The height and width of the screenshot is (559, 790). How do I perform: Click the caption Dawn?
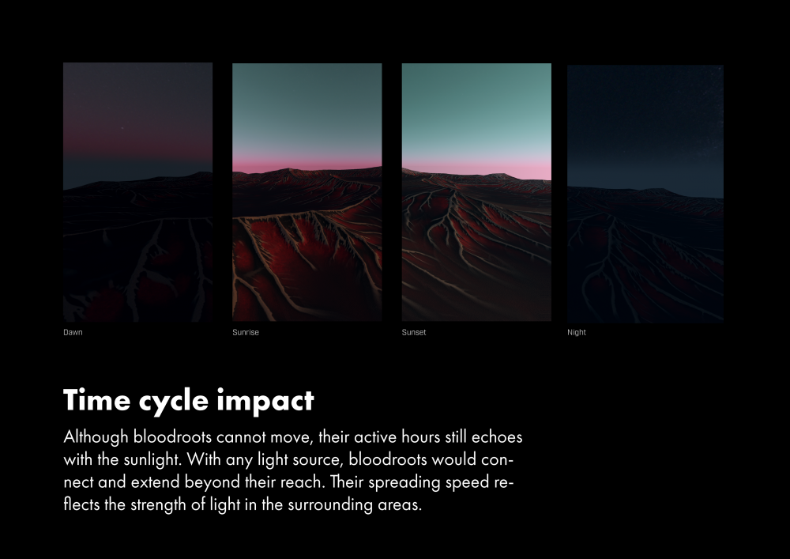point(73,332)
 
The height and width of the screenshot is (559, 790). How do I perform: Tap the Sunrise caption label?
point(246,332)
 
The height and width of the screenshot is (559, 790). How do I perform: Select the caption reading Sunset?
point(414,332)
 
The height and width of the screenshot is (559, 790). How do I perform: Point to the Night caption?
point(577,332)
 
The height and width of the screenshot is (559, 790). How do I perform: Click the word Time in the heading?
point(96,400)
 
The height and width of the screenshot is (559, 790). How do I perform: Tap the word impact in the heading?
point(265,402)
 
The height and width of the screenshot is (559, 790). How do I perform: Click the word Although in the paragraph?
point(96,437)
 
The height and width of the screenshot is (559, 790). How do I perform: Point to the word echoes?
point(497,437)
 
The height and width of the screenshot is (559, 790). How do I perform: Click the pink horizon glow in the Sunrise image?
point(307,164)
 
